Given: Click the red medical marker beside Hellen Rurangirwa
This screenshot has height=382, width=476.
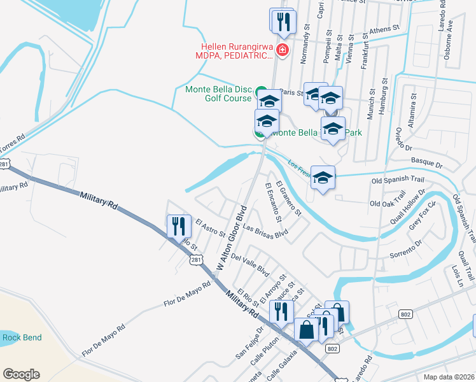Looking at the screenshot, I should coord(281,50).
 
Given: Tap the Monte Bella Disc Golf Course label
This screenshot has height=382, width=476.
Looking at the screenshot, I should coord(218,94).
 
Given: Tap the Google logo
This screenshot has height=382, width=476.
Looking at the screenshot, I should coord(21,374).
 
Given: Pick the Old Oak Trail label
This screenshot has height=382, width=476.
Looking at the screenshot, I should coord(387,203).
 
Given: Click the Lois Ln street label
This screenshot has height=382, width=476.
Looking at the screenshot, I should coord(454,275).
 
